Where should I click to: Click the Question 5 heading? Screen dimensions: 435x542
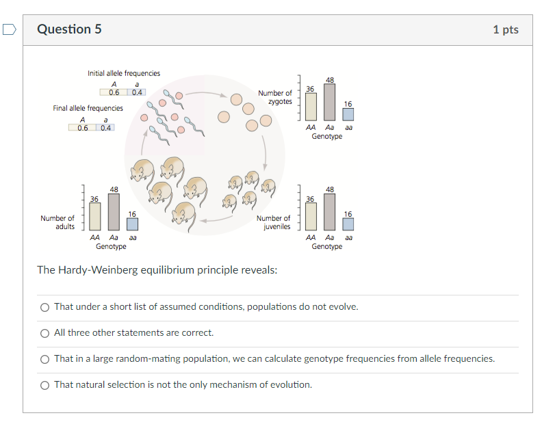click(69, 29)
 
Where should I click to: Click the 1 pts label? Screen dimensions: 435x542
click(505, 29)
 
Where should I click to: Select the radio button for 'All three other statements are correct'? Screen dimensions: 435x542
click(44, 333)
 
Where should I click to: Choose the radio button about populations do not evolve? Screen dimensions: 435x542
click(44, 307)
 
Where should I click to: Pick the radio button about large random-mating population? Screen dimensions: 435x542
click(44, 359)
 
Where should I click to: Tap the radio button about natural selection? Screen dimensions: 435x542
click(44, 385)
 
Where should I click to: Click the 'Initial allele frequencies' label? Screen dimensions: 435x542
click(124, 73)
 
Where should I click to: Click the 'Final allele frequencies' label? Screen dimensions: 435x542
click(88, 108)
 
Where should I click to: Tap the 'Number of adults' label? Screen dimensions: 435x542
click(57, 222)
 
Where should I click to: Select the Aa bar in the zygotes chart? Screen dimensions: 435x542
click(330, 103)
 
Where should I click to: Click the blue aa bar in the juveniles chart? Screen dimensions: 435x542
click(348, 224)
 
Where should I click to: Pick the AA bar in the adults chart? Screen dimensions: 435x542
click(94, 217)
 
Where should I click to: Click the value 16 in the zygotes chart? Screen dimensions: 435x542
click(348, 104)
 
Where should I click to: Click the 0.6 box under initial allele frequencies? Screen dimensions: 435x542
click(114, 92)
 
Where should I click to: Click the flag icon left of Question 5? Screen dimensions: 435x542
click(9, 29)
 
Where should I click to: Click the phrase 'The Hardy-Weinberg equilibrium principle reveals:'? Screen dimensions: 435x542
click(157, 269)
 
